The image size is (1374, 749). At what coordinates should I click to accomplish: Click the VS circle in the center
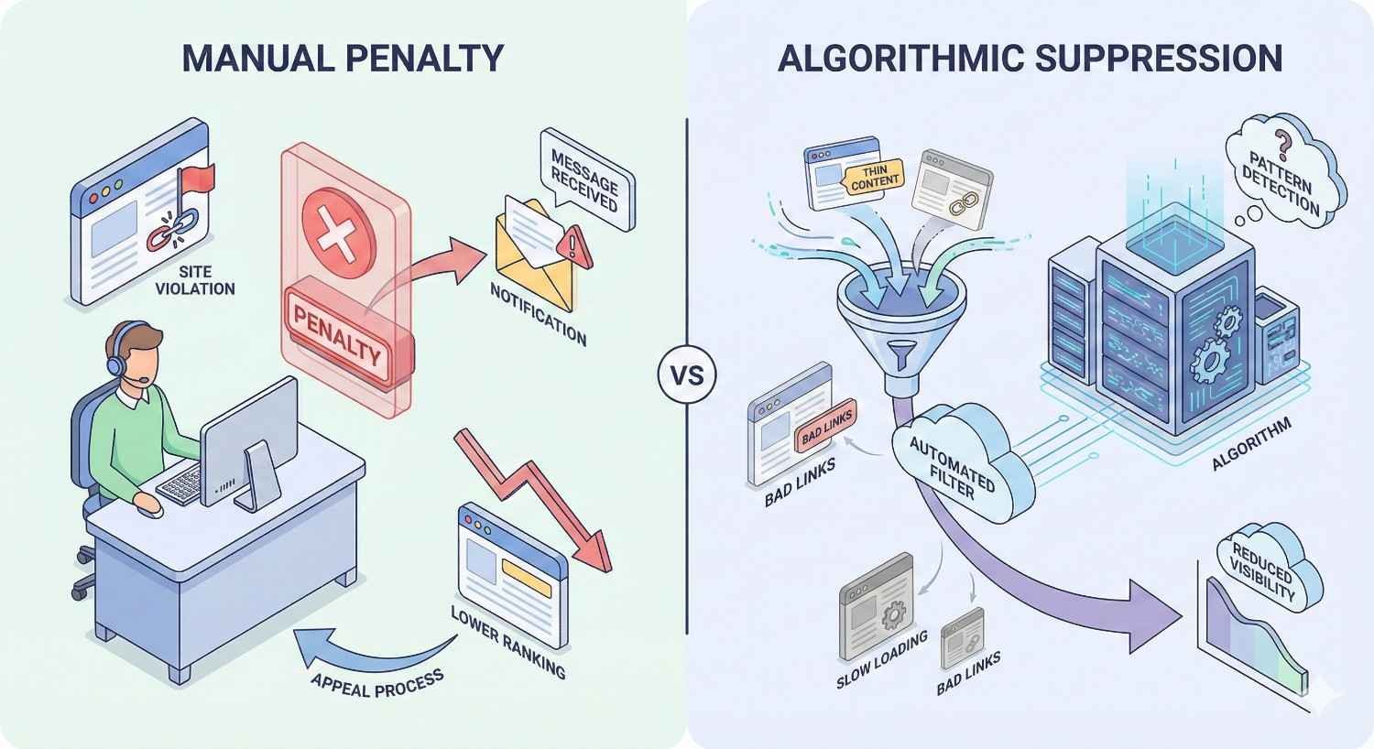[x=687, y=375]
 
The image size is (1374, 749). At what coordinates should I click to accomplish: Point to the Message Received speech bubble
[x=584, y=180]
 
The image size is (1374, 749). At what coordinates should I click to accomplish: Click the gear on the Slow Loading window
[x=890, y=614]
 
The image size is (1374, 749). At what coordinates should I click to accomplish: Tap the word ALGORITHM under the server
[x=1251, y=444]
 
